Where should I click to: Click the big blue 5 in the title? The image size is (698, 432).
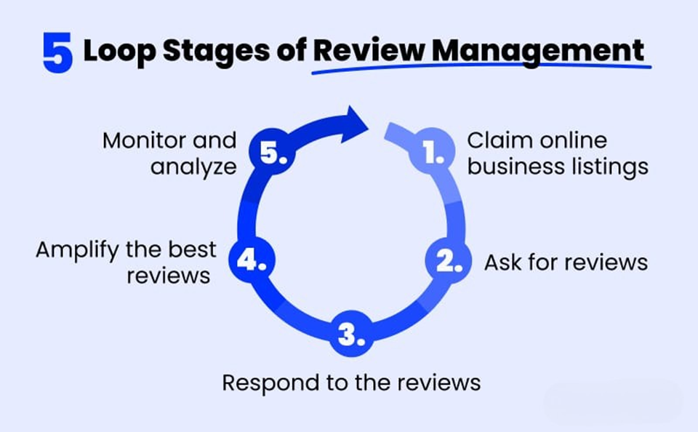pyautogui.click(x=57, y=52)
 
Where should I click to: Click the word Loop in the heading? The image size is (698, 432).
pyautogui.click(x=119, y=52)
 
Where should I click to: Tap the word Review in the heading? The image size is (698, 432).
pyautogui.click(x=369, y=50)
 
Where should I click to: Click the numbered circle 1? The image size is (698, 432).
pyautogui.click(x=432, y=151)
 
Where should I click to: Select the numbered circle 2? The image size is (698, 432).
pyautogui.click(x=449, y=261)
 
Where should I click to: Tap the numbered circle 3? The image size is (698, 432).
pyautogui.click(x=351, y=334)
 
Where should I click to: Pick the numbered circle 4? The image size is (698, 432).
pyautogui.click(x=252, y=260)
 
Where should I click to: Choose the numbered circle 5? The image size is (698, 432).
pyautogui.click(x=272, y=151)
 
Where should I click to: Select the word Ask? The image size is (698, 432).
pyautogui.click(x=503, y=262)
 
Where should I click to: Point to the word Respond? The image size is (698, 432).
pyautogui.click(x=270, y=383)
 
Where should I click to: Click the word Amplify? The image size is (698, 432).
pyautogui.click(x=78, y=250)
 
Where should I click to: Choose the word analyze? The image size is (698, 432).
pyautogui.click(x=193, y=168)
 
